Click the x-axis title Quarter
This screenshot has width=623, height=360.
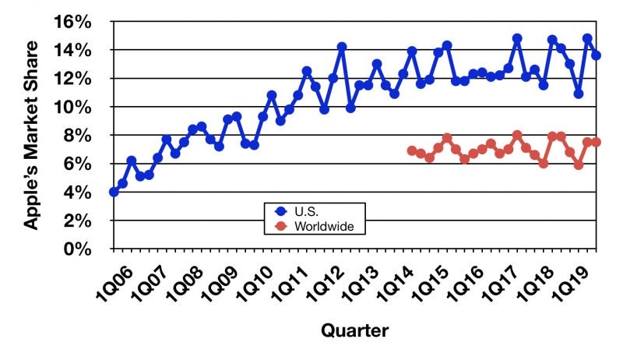(354, 330)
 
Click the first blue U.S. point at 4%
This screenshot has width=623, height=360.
(114, 192)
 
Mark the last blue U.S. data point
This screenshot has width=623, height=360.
(597, 55)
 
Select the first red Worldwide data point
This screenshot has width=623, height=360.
(412, 150)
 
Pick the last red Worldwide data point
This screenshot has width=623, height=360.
(597, 142)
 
